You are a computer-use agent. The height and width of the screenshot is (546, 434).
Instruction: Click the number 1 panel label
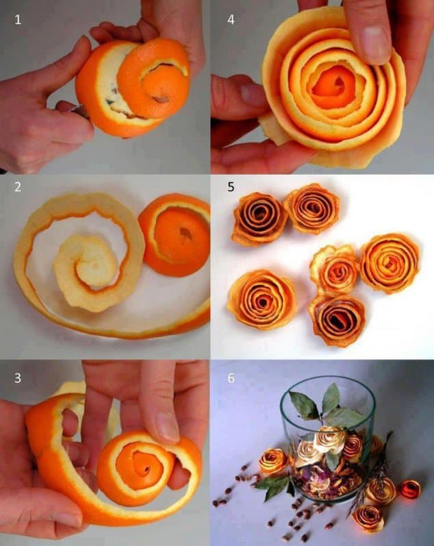pos(18,20)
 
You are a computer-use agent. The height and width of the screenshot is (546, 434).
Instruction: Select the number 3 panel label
pos(18,378)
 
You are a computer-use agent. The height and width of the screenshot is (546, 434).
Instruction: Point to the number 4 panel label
pos(231,20)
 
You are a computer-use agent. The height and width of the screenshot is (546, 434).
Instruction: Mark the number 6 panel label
pos(231,378)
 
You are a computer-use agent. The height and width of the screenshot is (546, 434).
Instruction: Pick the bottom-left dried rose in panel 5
pos(262,299)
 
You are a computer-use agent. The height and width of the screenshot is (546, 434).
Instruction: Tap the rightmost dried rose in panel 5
pos(390,263)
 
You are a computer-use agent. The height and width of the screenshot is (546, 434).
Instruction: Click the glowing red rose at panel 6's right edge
pos(410,489)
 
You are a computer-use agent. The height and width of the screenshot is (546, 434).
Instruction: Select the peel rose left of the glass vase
pos(273,461)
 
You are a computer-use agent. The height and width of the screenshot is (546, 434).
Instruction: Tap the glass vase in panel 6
pos(327,438)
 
